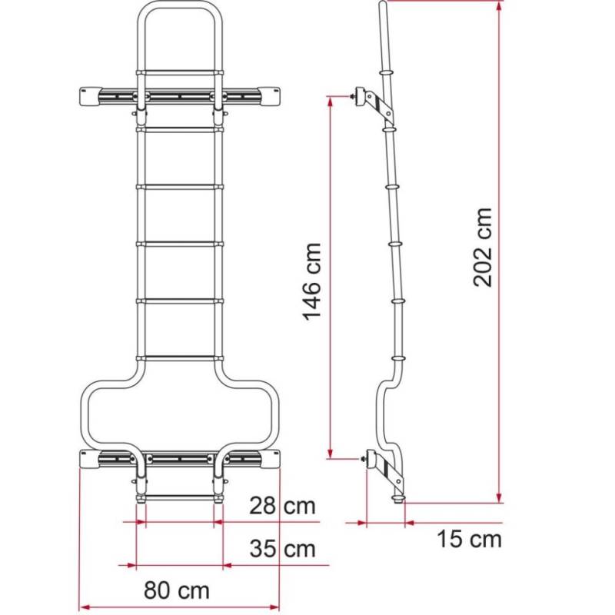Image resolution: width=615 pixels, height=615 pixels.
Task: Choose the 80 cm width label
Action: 177,591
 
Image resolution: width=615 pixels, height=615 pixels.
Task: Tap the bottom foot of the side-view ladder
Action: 399,498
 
